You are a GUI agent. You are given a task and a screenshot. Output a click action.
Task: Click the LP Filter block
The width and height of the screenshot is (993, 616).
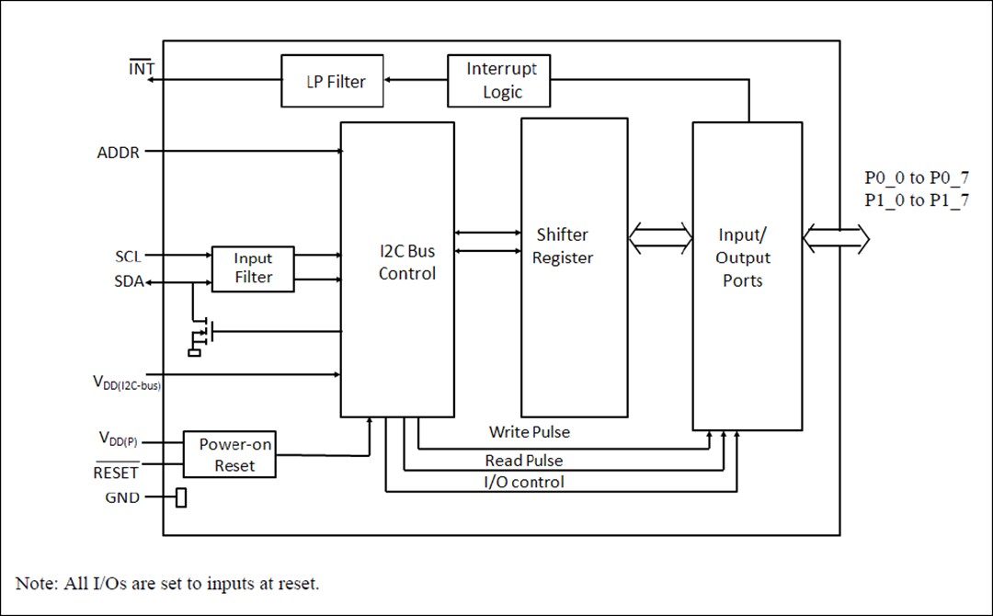pyautogui.click(x=333, y=81)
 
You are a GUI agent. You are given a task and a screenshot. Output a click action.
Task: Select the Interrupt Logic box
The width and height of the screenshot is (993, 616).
pyautogui.click(x=498, y=81)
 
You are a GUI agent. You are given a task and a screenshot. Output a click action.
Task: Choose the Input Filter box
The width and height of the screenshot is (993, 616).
pyautogui.click(x=253, y=268)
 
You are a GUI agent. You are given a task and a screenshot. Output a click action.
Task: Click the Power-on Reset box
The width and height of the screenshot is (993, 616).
pyautogui.click(x=230, y=454)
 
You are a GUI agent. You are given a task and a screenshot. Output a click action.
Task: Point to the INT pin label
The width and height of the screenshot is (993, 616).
pyautogui.click(x=141, y=69)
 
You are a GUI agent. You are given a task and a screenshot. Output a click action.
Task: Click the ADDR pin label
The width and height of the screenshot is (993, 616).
pyautogui.click(x=119, y=152)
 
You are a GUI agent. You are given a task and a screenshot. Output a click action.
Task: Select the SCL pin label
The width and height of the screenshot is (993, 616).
pyautogui.click(x=128, y=256)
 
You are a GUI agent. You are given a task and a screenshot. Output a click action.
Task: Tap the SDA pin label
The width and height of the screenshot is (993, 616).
pyautogui.click(x=129, y=282)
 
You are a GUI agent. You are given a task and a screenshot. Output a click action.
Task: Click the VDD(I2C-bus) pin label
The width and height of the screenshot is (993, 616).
pyautogui.click(x=129, y=382)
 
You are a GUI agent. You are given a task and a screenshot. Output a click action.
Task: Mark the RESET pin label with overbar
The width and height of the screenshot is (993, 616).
pyautogui.click(x=117, y=473)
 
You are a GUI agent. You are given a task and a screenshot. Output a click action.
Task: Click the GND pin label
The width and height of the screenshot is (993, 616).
pyautogui.click(x=123, y=497)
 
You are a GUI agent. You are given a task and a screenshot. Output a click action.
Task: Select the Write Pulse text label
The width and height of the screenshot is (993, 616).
pyautogui.click(x=529, y=431)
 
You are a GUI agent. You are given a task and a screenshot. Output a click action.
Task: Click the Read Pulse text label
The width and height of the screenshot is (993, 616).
pyautogui.click(x=524, y=460)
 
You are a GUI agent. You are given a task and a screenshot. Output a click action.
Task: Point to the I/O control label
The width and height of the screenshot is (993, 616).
pyautogui.click(x=523, y=482)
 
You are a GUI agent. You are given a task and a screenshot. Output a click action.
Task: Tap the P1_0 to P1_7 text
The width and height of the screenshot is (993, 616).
pyautogui.click(x=916, y=201)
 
